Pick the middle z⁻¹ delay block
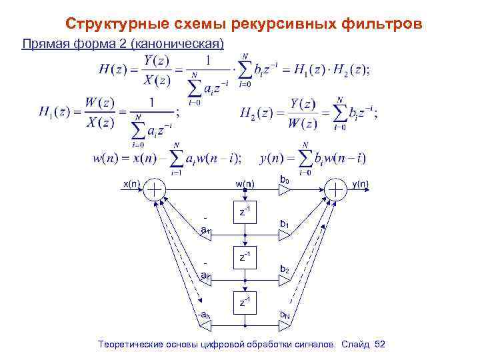(x=245, y=257)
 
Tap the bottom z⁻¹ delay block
(x=245, y=302)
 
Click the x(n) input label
(x=131, y=183)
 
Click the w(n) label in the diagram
(x=244, y=183)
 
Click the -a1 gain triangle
(x=207, y=234)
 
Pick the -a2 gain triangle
(x=207, y=281)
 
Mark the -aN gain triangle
(x=207, y=325)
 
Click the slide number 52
(x=381, y=344)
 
